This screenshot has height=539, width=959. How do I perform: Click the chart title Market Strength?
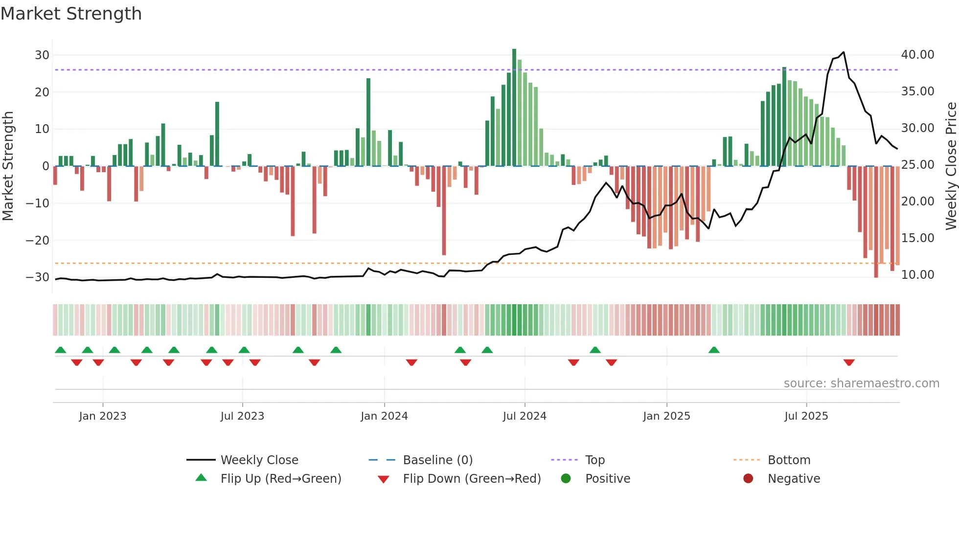pos(71,14)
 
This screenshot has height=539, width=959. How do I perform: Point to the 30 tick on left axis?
pos(42,55)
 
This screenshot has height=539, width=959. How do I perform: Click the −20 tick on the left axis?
pos(38,240)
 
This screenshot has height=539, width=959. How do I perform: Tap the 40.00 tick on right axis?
pos(917,55)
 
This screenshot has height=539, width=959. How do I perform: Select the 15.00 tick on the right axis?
pos(917,238)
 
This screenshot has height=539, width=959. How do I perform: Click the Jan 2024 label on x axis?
pos(384,416)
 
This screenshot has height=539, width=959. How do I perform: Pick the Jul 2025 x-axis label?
pos(806,416)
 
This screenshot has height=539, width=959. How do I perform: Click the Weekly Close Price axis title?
pos(951,166)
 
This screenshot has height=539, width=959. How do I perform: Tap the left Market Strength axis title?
pos(8,166)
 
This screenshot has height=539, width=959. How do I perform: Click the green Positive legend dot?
pos(566,479)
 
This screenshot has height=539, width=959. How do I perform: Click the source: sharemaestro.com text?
pos(861,383)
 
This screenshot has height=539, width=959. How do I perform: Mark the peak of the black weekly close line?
pos(844,52)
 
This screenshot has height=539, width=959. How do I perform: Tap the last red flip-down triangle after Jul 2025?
pos(849,362)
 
